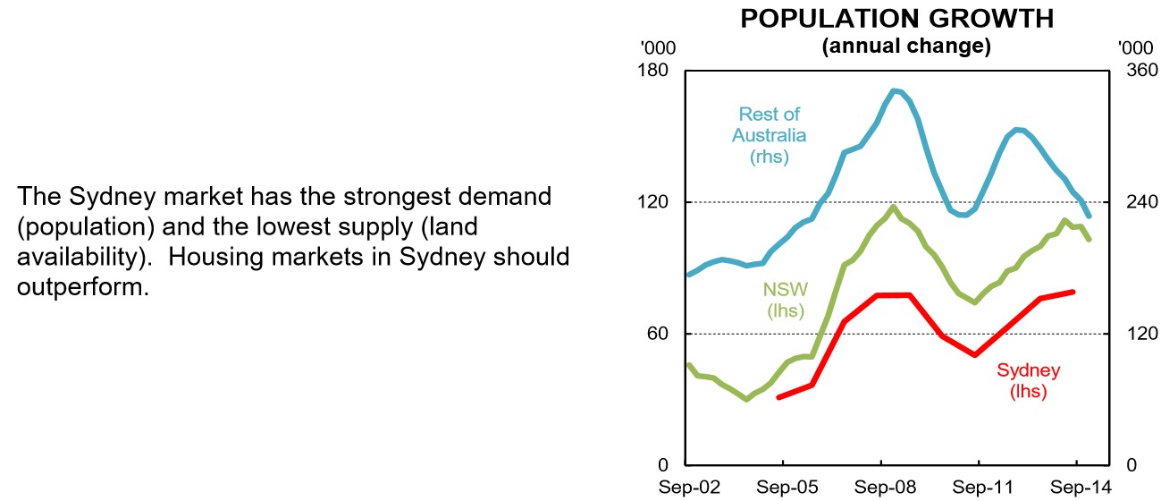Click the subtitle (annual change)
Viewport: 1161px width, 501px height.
click(x=905, y=47)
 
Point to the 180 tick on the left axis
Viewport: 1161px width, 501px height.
click(x=657, y=70)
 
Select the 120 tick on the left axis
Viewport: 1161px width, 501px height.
click(x=657, y=202)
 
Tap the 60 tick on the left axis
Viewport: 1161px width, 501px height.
click(x=661, y=334)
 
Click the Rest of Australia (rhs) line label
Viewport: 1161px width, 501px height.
click(x=769, y=135)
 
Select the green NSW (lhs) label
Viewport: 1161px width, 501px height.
click(x=786, y=301)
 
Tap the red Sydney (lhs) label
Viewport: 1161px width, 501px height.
click(x=1028, y=381)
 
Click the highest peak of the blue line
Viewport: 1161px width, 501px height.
click(x=896, y=90)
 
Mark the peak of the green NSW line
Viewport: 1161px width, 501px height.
click(x=894, y=208)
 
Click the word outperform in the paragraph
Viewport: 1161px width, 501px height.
click(x=82, y=288)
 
